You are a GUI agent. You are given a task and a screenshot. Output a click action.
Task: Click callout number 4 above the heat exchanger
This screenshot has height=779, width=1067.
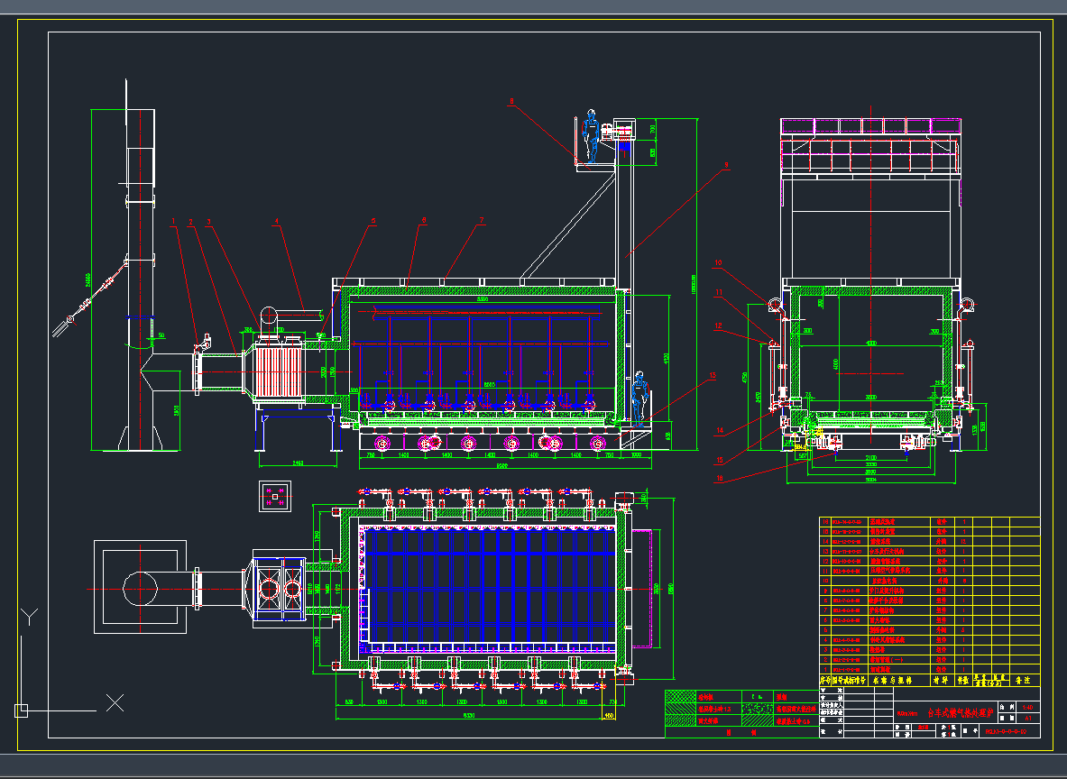pos(277,220)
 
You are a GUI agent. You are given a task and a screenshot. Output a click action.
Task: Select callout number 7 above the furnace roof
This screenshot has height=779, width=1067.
pos(483,220)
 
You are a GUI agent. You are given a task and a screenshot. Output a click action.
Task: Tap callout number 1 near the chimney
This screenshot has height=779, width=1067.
pos(174,220)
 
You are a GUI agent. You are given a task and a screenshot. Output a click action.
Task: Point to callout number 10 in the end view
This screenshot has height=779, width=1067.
pos(719,263)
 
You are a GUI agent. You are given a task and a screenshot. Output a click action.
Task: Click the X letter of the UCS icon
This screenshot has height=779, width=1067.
pos(115,701)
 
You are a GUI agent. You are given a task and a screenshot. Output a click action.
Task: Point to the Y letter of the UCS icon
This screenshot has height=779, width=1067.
pos(31,617)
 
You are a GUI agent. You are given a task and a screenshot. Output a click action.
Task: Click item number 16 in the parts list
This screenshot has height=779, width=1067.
pos(824,522)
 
